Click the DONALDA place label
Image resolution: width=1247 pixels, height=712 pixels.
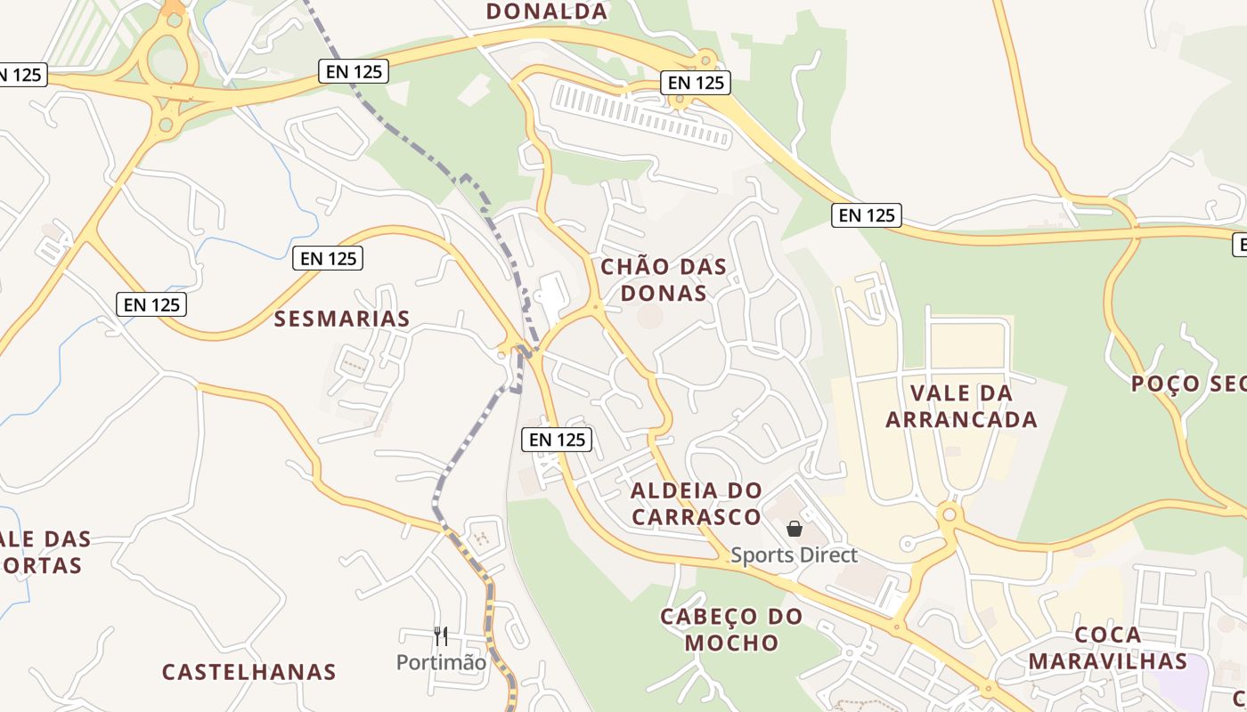(x=547, y=12)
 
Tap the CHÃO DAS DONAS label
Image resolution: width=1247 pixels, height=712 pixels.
(x=664, y=279)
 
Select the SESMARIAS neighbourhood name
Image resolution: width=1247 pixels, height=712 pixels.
(x=342, y=319)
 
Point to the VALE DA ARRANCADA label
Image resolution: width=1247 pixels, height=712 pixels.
(x=962, y=406)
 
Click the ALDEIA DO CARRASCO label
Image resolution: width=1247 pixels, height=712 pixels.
(x=697, y=504)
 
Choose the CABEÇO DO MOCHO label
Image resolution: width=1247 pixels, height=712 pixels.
(x=731, y=629)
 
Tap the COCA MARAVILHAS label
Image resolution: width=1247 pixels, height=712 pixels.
(x=1108, y=648)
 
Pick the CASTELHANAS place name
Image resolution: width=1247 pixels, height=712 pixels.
(x=249, y=672)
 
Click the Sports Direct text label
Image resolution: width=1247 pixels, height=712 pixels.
(x=795, y=555)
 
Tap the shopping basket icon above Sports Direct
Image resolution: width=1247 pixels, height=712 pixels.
(x=795, y=529)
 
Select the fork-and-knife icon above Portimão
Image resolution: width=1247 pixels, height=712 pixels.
(x=441, y=635)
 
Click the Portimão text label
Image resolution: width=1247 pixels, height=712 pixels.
(x=442, y=663)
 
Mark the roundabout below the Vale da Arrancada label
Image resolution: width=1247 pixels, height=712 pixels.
(x=950, y=514)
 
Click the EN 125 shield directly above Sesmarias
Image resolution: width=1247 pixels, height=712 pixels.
(x=328, y=259)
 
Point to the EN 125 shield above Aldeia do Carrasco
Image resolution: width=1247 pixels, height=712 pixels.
(x=558, y=439)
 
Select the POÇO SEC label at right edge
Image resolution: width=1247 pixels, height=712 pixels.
(x=1188, y=384)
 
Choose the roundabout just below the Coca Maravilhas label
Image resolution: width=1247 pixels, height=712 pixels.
(x=988, y=689)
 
